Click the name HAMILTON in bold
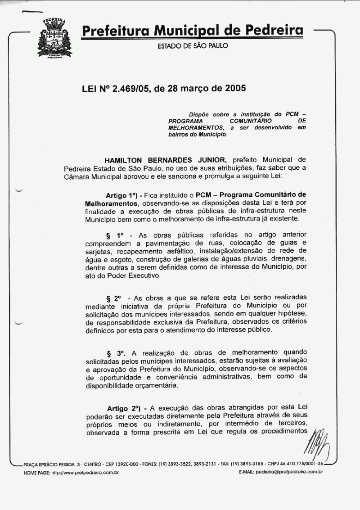click(x=125, y=160)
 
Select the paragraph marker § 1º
click(x=114, y=235)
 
